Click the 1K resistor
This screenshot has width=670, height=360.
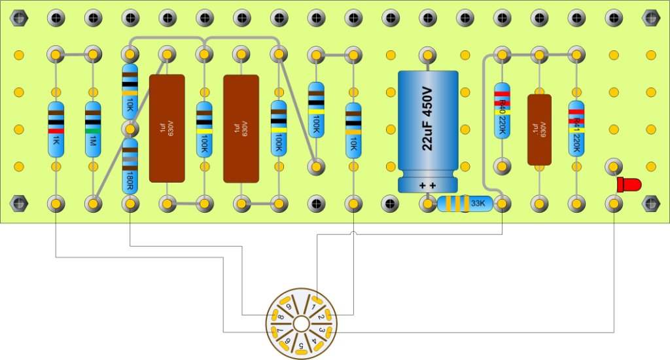[x=56, y=130]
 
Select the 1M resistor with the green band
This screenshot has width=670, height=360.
[x=93, y=130]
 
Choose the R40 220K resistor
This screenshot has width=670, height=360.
[x=502, y=110]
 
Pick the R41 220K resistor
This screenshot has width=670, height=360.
[x=576, y=128]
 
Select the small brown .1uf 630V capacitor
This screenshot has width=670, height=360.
[x=539, y=129]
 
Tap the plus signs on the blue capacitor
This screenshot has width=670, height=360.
[x=428, y=186]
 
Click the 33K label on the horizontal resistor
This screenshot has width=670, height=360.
[x=478, y=204]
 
